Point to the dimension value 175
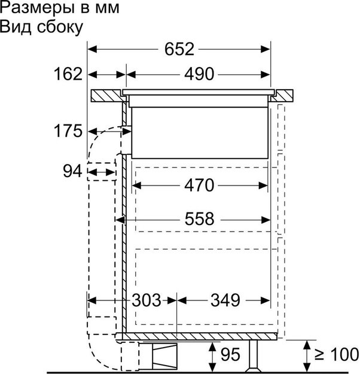point(66,130)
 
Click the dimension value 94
point(72,172)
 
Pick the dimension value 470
point(199,186)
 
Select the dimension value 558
point(199,219)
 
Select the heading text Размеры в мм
point(60,9)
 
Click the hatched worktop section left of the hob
point(108,96)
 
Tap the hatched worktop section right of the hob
point(284,96)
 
